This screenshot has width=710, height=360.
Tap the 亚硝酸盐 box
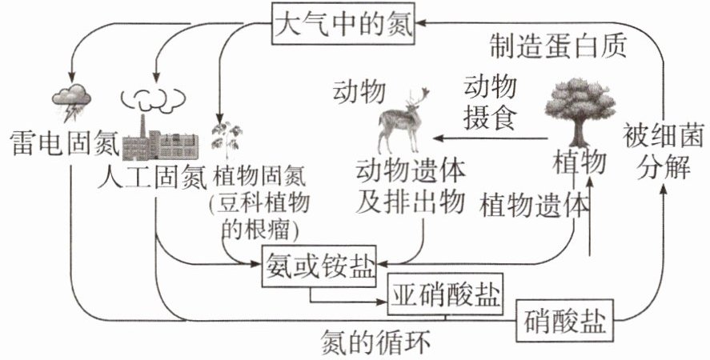445,296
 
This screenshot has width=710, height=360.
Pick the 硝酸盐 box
563,322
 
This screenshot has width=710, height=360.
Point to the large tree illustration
580,108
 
